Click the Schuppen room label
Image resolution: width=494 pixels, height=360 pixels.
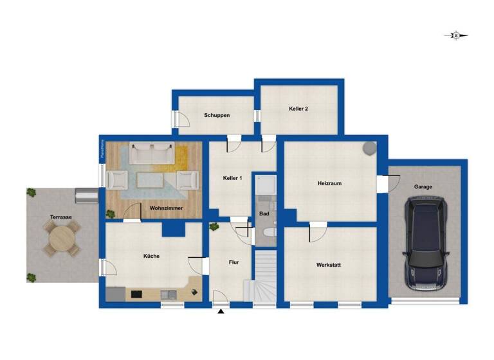pos(217,116)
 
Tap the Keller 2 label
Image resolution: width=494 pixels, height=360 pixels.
pos(298,109)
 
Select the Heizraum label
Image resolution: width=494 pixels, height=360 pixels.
pos(329,183)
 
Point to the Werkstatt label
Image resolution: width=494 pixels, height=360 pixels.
pos(329,265)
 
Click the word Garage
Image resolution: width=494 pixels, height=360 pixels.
pos(423,187)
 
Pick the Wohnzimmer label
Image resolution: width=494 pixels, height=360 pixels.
pos(166,209)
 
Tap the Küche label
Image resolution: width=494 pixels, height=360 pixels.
pos(151,256)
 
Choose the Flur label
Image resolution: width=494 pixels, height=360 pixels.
pos(234,262)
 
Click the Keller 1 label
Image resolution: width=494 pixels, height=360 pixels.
pos(232,178)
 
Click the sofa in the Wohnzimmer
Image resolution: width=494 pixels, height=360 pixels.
pos(152,154)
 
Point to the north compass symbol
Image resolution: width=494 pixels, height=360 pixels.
pos(456,36)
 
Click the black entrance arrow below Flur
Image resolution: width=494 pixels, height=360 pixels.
pos(221,312)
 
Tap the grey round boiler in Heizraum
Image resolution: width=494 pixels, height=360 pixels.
pos(369,148)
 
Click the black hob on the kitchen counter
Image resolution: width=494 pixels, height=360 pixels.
pos(137,294)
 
